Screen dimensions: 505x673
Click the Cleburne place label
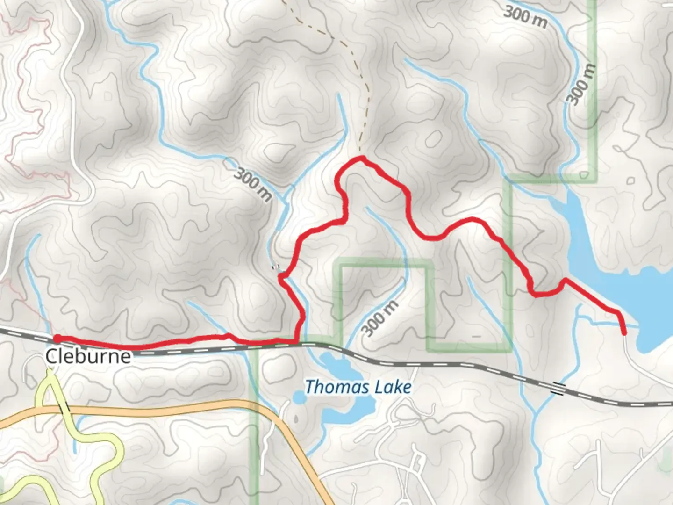[x=88, y=357]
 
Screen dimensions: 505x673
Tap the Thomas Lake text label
[x=358, y=387]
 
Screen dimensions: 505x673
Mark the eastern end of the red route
[x=624, y=333]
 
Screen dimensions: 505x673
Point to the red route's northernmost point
[x=361, y=159]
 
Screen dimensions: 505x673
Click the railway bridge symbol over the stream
[x=558, y=388]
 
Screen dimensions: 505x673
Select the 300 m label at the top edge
[x=525, y=17]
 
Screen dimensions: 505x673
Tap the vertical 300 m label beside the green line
[x=581, y=84]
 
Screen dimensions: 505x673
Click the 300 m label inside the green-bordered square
[x=380, y=318]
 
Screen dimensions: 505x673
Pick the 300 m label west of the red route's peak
[x=252, y=184]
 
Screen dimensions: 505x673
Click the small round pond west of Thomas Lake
[x=298, y=398]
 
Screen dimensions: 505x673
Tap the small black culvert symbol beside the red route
[x=276, y=267]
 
